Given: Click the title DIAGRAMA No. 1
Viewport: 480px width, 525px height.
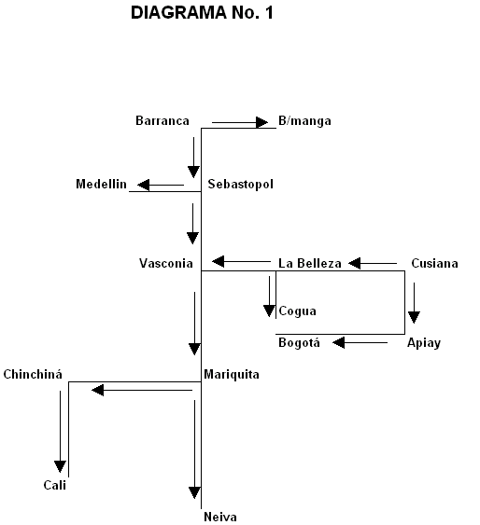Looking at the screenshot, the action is coord(202,13).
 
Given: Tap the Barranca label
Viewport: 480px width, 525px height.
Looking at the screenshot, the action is coord(162,120).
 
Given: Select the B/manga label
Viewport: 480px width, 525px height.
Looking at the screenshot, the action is coord(304,121).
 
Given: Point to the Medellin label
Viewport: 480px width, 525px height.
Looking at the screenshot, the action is coord(101,184).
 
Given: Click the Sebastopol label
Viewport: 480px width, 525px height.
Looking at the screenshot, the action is coord(240,184).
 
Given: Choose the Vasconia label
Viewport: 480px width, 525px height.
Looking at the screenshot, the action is coord(166,263).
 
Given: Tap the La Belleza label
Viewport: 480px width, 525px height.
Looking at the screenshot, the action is coord(310,263).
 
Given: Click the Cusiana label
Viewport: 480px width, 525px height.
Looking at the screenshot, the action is coord(434,263).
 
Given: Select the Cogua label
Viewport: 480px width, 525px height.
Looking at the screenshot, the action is coord(297,311).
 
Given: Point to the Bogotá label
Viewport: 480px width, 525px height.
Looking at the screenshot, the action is coord(299,342).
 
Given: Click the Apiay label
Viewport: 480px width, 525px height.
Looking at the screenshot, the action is coord(424,343).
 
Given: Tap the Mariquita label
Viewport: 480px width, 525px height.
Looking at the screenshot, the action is coord(232,374).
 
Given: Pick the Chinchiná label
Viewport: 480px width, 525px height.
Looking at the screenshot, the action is coord(33,374).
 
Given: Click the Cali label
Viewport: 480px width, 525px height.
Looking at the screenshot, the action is coord(55,485).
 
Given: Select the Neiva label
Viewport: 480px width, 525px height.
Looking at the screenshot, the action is coord(220,517).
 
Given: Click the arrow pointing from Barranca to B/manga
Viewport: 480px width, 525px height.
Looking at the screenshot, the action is coord(240,122).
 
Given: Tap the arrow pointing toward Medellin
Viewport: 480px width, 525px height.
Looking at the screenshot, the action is coord(161,185).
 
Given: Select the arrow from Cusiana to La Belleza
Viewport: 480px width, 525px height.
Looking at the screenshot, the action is coord(373,263).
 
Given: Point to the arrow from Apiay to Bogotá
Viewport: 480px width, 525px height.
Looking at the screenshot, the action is coord(360,342).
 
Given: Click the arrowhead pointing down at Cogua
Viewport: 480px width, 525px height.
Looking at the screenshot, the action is coord(269,311).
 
